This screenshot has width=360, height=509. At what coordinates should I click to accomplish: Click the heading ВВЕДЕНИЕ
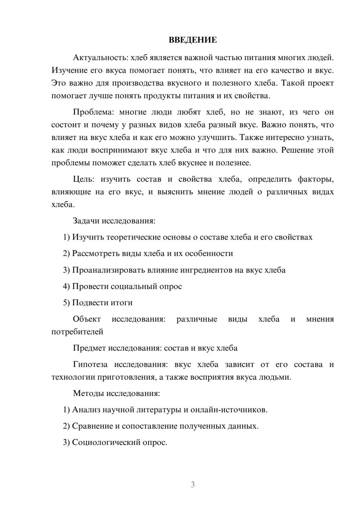[193, 40]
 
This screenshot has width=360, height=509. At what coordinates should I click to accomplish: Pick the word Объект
[87, 319]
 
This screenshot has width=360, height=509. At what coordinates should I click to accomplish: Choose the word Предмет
[89, 348]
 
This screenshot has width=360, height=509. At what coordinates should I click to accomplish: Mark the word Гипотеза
[90, 364]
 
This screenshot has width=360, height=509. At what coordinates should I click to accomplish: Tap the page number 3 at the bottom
[193, 485]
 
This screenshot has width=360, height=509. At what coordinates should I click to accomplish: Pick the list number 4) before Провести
[66, 287]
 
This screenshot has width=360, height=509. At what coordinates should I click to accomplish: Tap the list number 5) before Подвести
[66, 303]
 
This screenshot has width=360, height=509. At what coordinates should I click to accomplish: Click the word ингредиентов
[204, 270]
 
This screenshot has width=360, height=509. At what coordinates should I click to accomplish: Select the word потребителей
[77, 332]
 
